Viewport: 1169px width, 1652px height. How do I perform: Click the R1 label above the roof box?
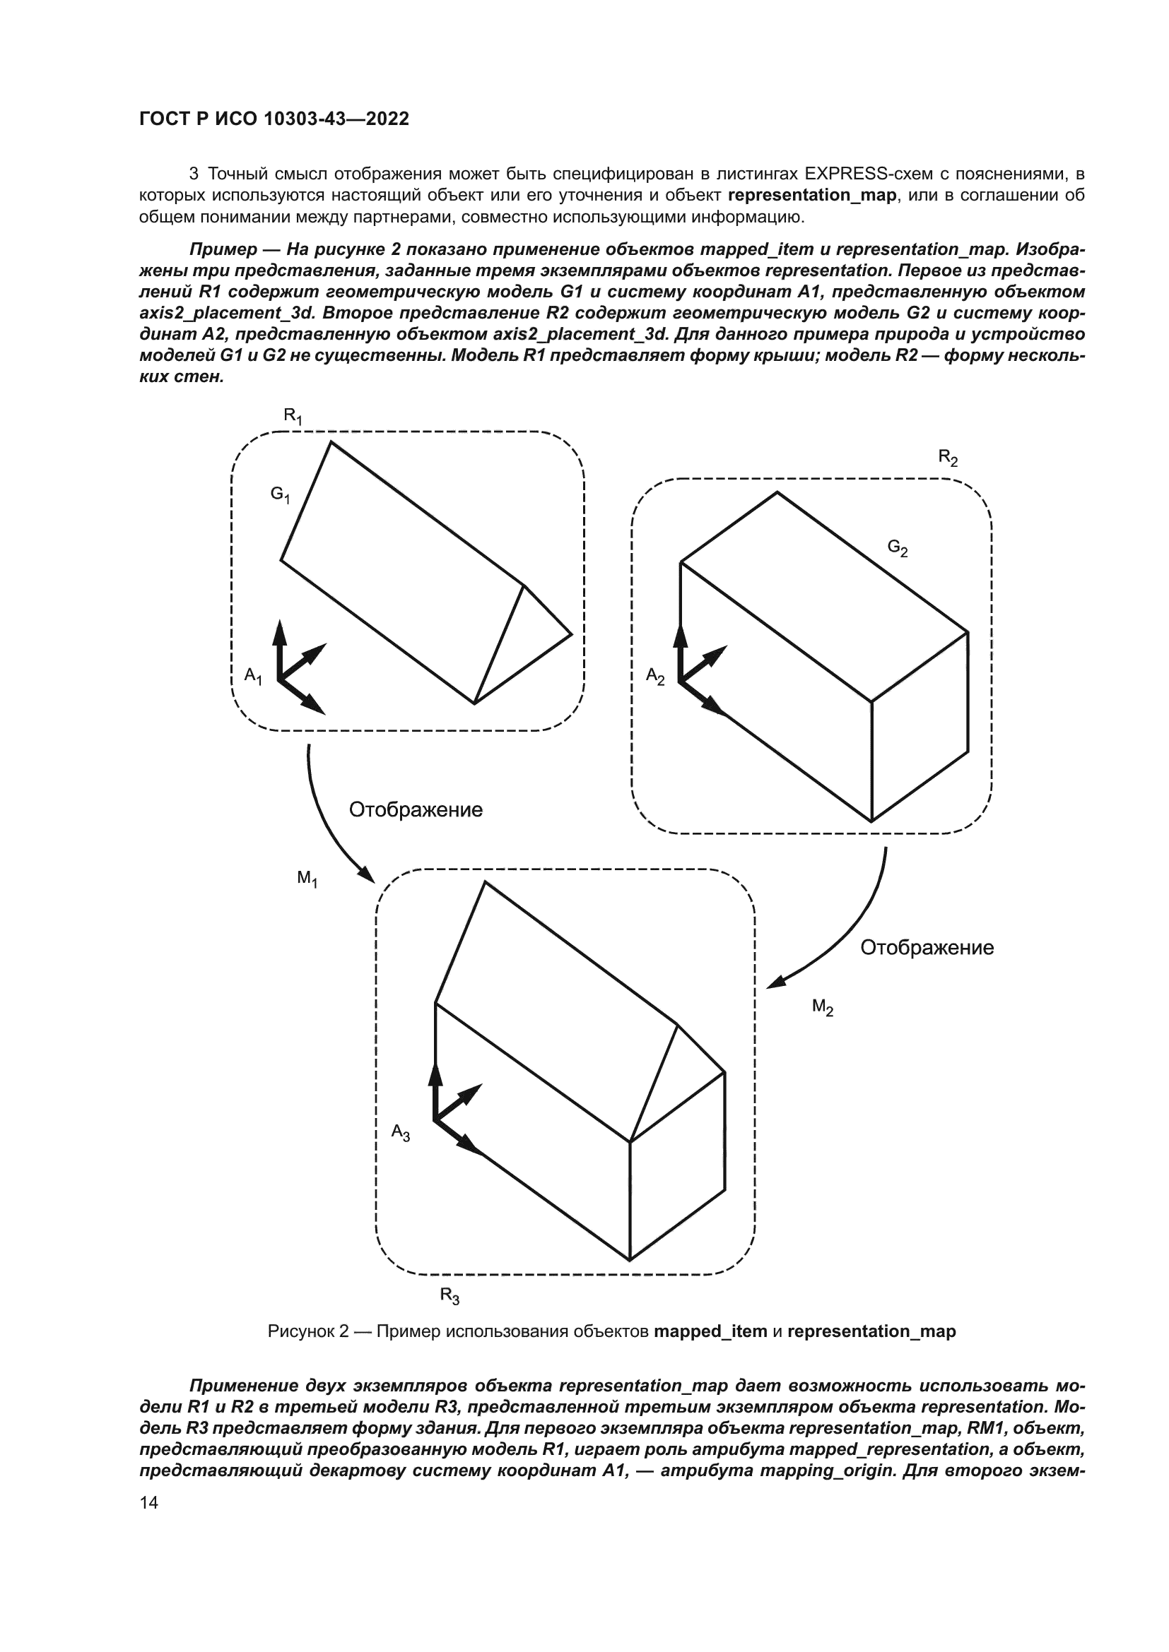pyautogui.click(x=293, y=417)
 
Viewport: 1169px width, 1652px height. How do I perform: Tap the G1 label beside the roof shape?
pyautogui.click(x=280, y=495)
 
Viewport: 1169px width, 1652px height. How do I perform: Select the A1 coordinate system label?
pyautogui.click(x=254, y=676)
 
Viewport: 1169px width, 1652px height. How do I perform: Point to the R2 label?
pyautogui.click(x=948, y=458)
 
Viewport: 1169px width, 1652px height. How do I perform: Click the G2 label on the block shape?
pyautogui.click(x=898, y=548)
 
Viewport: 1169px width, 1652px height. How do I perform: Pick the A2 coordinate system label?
pyautogui.click(x=655, y=677)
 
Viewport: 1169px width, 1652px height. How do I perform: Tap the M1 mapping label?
pyautogui.click(x=307, y=879)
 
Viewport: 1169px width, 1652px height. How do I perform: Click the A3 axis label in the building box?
pyautogui.click(x=400, y=1133)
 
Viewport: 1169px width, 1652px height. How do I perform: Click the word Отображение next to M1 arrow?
pyautogui.click(x=416, y=810)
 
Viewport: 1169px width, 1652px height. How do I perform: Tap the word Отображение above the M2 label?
pyautogui.click(x=927, y=948)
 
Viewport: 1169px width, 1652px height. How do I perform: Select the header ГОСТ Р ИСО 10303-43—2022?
pyautogui.click(x=274, y=119)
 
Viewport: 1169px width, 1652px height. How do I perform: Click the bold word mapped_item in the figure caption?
pyautogui.click(x=710, y=1331)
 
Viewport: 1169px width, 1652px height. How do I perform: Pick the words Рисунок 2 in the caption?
pyautogui.click(x=308, y=1331)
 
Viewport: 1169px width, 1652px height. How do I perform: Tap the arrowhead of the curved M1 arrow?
pyautogui.click(x=365, y=874)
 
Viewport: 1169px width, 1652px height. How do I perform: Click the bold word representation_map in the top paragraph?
pyautogui.click(x=813, y=196)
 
